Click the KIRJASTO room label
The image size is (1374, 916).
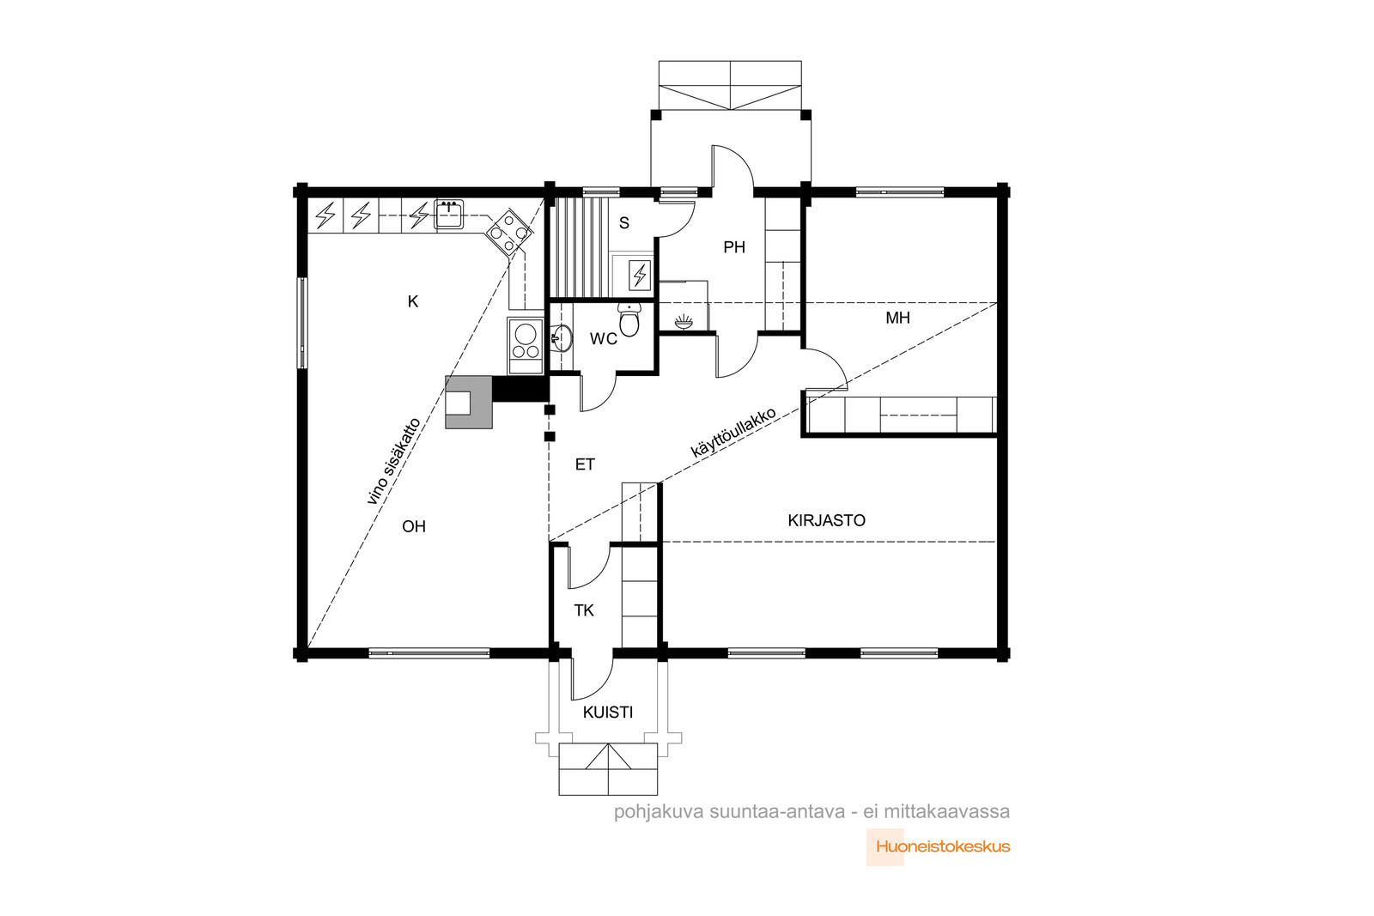point(826,520)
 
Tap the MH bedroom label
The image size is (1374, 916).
point(897,318)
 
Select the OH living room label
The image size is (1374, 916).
point(413,526)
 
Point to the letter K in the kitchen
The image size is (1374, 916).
point(413,301)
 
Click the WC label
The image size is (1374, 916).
point(604,338)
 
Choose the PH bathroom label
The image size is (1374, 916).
point(734,247)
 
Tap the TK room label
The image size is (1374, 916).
point(584,610)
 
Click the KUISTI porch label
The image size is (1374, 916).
point(608,713)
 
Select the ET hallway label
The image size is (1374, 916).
point(585,464)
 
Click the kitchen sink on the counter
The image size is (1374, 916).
point(449,215)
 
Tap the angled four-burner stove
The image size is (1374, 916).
point(509,232)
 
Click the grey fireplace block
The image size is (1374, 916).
point(469,403)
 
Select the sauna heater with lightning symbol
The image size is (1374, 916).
point(640,275)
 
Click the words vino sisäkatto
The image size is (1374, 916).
point(394,461)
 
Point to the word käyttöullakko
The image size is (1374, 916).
point(733,433)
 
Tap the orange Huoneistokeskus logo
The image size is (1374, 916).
point(943,846)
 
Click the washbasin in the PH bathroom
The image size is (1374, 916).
point(684,322)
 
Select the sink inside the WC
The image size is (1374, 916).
point(562,338)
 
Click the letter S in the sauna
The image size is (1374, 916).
point(623,223)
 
